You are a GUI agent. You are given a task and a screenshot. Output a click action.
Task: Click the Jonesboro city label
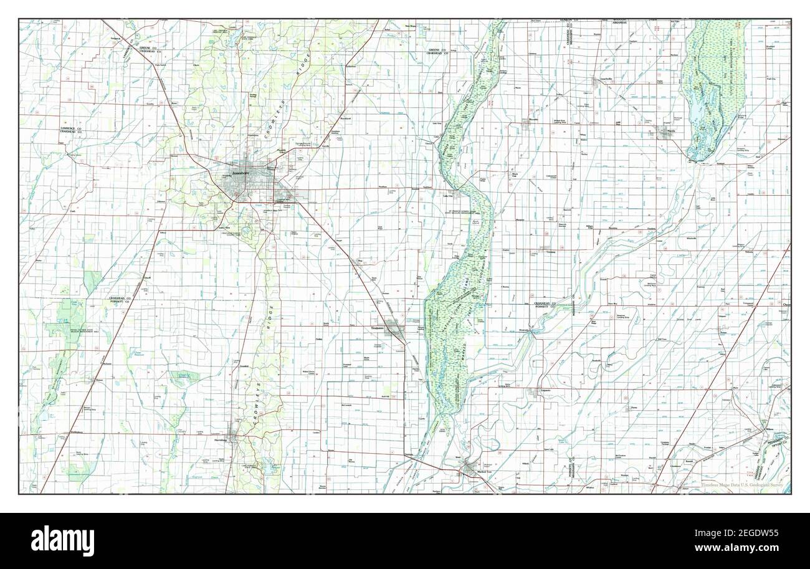tap(241, 173)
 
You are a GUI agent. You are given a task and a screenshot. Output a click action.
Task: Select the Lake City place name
tap(447, 196)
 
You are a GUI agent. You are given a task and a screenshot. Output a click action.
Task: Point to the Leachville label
tap(602, 79)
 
